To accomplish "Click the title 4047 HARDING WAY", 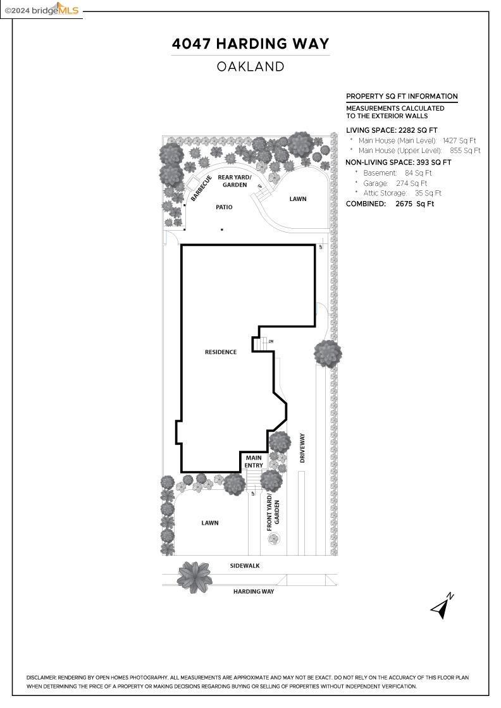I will point(250,44).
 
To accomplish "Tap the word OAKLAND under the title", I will point(250,66).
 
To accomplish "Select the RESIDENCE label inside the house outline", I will point(221,352).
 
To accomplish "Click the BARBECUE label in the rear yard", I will point(201,188).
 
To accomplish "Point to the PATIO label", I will point(224,207).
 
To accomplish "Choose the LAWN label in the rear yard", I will point(298,199).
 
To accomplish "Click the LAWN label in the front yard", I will point(210,523).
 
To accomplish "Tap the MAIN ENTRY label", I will point(254,461).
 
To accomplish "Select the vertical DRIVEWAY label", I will point(302,448).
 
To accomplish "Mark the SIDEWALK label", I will point(245,566).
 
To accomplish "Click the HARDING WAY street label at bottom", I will point(254,592).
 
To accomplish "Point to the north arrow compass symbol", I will point(442,606).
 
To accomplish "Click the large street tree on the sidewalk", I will point(195,576).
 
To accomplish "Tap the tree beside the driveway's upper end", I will point(328,353).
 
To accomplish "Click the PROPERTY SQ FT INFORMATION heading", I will point(402,97).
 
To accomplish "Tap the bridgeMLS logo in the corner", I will point(42,9).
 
